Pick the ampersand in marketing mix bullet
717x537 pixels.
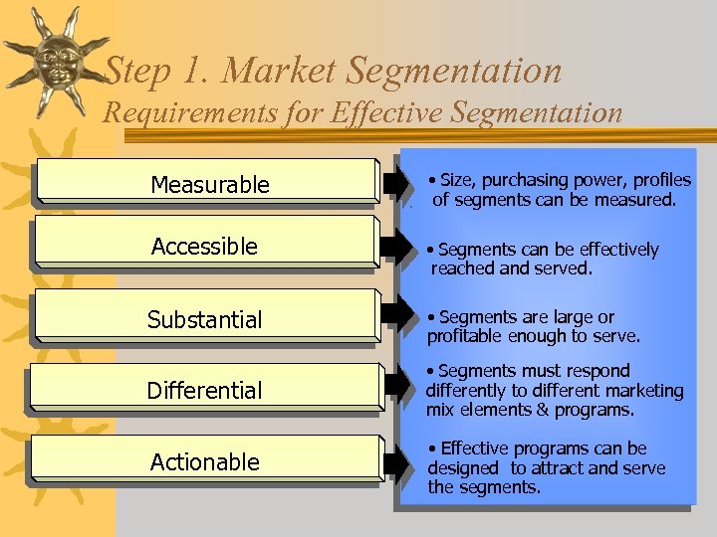click(542, 410)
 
